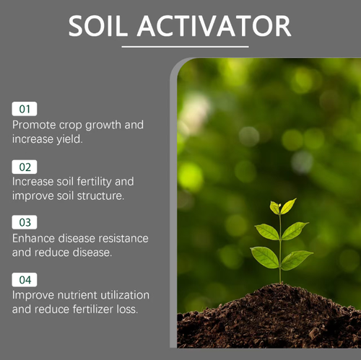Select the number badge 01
tap(25, 110)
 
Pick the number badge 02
tap(25, 167)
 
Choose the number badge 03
tap(25, 223)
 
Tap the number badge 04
tap(25, 280)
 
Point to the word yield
tap(67, 139)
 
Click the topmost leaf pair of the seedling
tap(282, 207)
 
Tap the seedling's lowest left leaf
tap(264, 255)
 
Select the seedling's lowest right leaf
tap(297, 259)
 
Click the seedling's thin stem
tap(280, 271)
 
